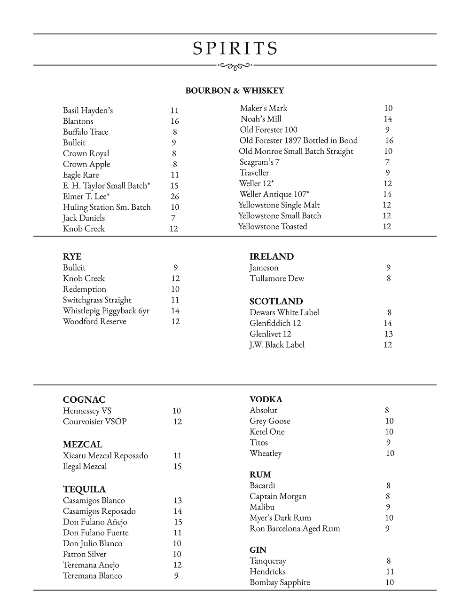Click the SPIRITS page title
point(235,48)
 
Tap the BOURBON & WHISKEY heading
point(235,90)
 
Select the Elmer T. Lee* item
point(86,197)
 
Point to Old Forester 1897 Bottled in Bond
point(298,141)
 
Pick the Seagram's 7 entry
point(259,162)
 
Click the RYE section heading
point(72,256)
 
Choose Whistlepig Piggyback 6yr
point(106,311)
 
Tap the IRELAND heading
point(271,256)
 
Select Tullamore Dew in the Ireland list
point(276,279)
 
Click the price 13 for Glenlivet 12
point(388,334)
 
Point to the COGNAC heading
point(84,400)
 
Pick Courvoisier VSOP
point(94,422)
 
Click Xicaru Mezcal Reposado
point(105,456)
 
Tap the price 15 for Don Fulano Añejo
point(178,522)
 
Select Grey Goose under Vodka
point(269,421)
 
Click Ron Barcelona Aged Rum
point(294,529)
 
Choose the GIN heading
point(258,550)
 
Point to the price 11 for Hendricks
point(390,572)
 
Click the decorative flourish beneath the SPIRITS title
point(235,66)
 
